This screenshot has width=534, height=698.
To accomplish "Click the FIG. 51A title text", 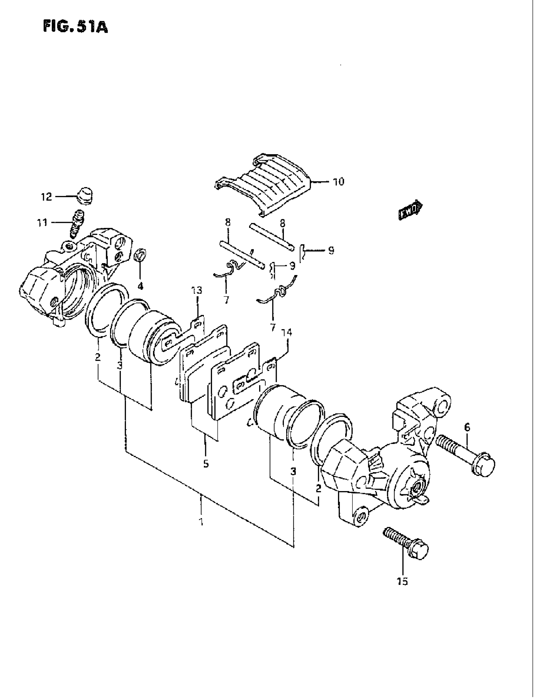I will [x=75, y=27].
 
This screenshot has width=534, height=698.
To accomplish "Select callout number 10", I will [x=338, y=182].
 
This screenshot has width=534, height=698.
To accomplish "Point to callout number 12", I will [x=46, y=197].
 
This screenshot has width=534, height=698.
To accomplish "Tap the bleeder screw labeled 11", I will [x=76, y=224].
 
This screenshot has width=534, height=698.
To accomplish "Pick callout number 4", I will [x=140, y=286].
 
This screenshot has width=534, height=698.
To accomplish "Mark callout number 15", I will [x=402, y=582].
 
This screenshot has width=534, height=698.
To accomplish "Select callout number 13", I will [x=197, y=290].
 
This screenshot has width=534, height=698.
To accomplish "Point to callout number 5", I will [x=206, y=464].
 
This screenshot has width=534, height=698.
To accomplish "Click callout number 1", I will [x=201, y=522].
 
